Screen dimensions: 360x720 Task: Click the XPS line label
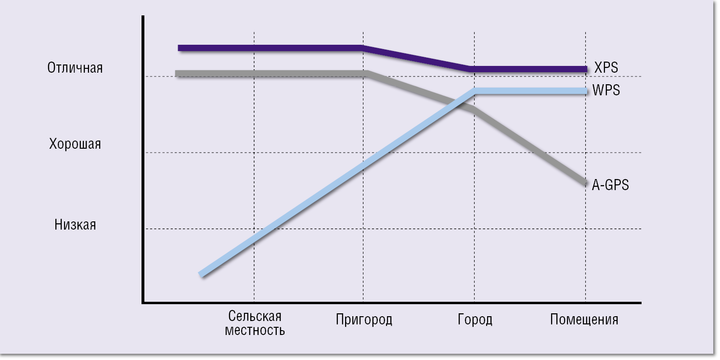(x=606, y=68)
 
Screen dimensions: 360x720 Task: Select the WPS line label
(x=606, y=90)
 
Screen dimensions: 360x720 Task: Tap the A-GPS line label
(x=610, y=185)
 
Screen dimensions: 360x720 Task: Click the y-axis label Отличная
(x=75, y=68)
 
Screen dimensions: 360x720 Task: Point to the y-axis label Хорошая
(x=75, y=144)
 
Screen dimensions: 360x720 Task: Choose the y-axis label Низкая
(x=75, y=224)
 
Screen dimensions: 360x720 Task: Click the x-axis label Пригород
(x=364, y=320)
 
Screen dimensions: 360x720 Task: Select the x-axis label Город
(x=475, y=320)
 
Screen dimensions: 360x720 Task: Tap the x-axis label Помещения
(x=584, y=320)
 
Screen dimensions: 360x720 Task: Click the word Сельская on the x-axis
(x=255, y=316)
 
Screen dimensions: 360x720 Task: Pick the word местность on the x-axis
(x=255, y=331)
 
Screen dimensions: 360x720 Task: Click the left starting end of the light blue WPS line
(x=201, y=274)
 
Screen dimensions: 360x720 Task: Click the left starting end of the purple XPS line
(x=179, y=48)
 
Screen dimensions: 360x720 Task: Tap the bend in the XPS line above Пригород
(x=363, y=48)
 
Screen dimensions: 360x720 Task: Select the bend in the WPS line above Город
(x=475, y=91)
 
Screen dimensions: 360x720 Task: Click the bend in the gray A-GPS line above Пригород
(x=367, y=74)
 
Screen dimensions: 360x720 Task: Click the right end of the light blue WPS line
(x=586, y=91)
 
